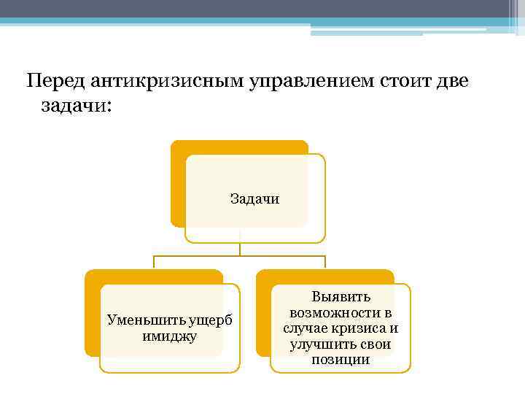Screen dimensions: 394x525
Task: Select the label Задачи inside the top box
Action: pos(254,198)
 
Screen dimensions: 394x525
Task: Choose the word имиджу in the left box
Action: pos(170,336)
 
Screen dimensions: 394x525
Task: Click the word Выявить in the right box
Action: pos(341,296)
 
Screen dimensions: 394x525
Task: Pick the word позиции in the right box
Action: pos(341,360)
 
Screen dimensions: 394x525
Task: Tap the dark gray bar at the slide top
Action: pos(262,9)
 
